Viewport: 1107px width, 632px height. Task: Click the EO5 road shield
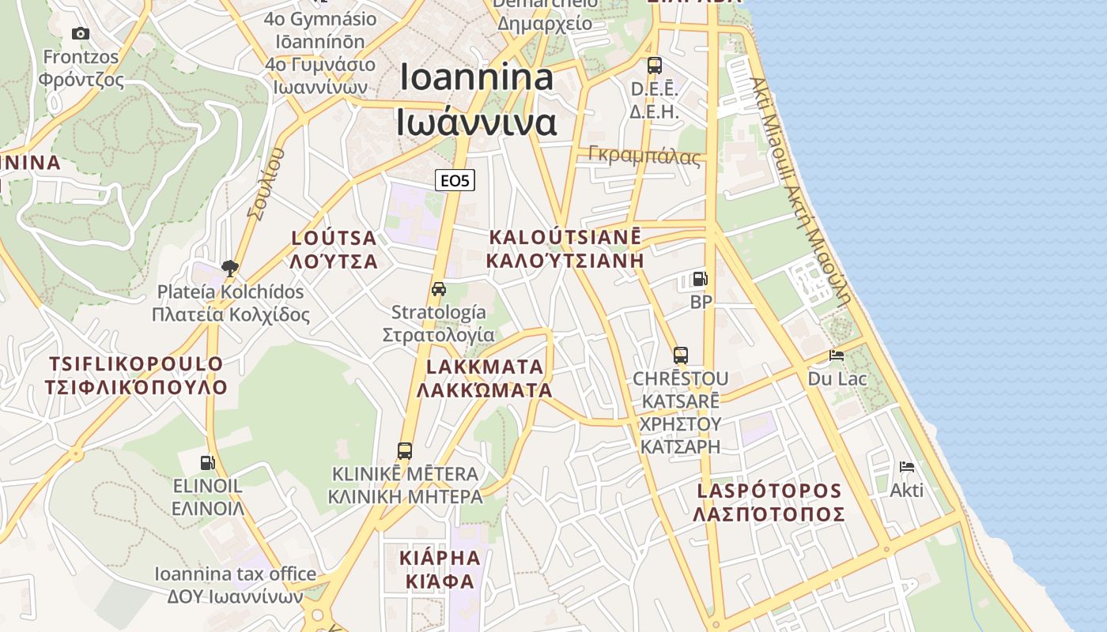click(x=455, y=181)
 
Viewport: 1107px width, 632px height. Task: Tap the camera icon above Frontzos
click(x=80, y=33)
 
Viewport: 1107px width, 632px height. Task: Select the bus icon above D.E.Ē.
click(x=654, y=66)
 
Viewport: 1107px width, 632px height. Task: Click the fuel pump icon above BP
click(x=700, y=279)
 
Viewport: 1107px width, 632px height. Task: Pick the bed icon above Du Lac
click(x=836, y=355)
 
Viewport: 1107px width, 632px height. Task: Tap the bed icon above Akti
click(x=906, y=467)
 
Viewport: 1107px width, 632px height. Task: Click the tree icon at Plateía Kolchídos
click(x=230, y=269)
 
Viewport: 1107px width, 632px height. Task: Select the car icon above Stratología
click(x=439, y=289)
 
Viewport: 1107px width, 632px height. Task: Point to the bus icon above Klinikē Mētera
click(x=405, y=451)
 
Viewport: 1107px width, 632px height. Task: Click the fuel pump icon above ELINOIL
click(x=207, y=462)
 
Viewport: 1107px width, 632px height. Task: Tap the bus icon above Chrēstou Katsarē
click(x=680, y=355)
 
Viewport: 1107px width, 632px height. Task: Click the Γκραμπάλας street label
click(x=644, y=156)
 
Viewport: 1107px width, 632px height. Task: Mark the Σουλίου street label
click(x=265, y=183)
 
